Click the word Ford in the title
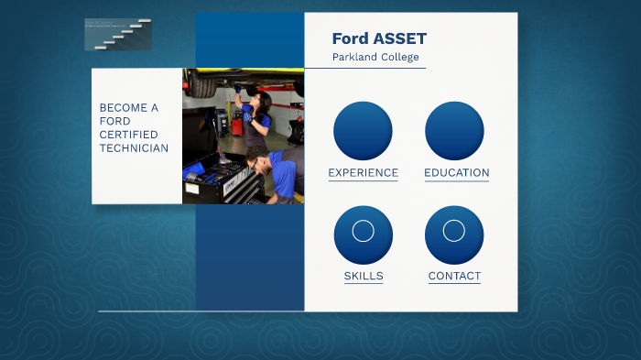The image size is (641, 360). [350, 38]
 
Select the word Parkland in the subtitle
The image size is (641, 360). [353, 57]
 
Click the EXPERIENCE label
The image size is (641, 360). [363, 172]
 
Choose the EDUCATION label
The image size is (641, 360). [456, 172]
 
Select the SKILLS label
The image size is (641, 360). [364, 276]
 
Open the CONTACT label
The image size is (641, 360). [454, 276]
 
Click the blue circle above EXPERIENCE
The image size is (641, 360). [363, 131]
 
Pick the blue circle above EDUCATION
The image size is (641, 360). [454, 131]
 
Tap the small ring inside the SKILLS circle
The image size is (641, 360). [363, 231]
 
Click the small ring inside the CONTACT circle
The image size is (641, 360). [454, 231]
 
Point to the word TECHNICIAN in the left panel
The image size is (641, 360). [134, 148]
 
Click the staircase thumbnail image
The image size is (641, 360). [118, 34]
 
